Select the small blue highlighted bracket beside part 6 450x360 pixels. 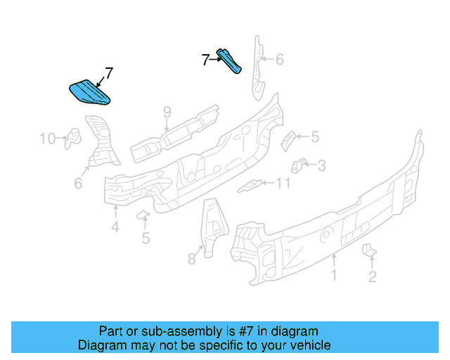tap(231, 60)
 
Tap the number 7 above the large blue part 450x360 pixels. tap(109, 72)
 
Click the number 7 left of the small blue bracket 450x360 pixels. tap(205, 60)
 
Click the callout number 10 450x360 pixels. tap(47, 139)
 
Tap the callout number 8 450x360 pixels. tap(191, 259)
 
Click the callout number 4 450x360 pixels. tap(115, 226)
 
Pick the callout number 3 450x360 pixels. tap(321, 166)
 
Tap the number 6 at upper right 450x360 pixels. tap(279, 60)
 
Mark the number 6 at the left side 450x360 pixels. tap(78, 184)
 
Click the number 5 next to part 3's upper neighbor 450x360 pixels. tap(314, 137)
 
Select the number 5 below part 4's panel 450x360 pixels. tap(146, 238)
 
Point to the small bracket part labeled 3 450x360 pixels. tap(297, 167)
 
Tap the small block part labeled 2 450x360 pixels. tap(368, 250)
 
